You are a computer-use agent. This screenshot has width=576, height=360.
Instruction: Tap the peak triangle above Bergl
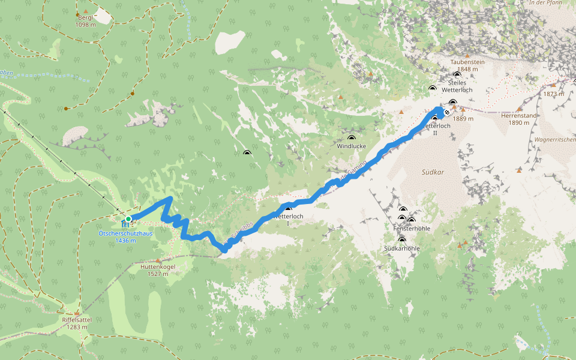86,11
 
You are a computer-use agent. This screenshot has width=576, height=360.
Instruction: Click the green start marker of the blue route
128,219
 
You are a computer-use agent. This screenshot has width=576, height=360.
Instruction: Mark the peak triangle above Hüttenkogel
158,260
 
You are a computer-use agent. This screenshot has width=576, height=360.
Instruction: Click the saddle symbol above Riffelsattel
77,313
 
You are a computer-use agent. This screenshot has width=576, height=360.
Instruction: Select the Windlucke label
351,146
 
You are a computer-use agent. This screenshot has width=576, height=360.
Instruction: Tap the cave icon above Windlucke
351,138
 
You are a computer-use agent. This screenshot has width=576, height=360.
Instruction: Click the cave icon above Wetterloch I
288,208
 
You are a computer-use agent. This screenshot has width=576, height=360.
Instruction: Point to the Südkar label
432,172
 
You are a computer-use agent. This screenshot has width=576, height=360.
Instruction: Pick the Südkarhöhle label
402,248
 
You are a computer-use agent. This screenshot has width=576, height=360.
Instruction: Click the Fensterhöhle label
412,228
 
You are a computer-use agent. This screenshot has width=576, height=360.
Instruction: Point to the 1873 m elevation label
553,94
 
